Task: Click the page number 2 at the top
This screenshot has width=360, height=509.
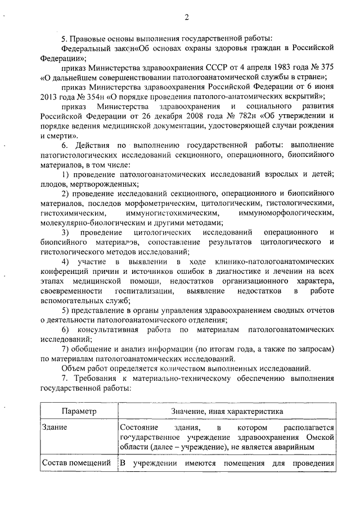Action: click(186, 17)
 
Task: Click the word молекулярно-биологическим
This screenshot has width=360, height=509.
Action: click(89, 223)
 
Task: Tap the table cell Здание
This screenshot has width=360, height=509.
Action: click(55, 428)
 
